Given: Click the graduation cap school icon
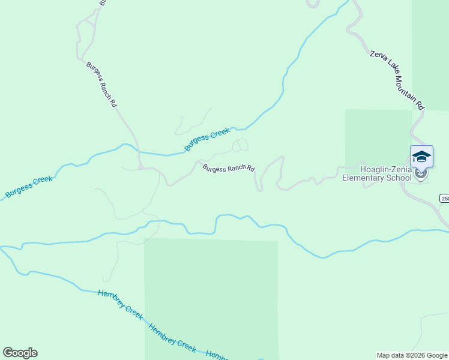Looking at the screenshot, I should click(x=421, y=157).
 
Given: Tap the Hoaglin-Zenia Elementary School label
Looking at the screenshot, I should click(x=377, y=173).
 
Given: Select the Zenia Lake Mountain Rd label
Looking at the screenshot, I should click(x=397, y=80).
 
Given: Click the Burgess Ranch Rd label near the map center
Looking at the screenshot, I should click(x=229, y=169).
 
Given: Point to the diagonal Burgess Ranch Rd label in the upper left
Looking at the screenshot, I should click(x=101, y=84).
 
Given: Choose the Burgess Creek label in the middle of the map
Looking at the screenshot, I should click(x=207, y=139).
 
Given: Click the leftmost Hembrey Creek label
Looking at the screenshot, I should click(x=121, y=305).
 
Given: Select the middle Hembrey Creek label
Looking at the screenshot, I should click(x=172, y=338).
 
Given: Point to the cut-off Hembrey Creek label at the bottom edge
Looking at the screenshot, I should click(x=216, y=355).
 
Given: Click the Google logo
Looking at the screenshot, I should click(x=20, y=353).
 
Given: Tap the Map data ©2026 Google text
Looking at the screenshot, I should click(x=412, y=355).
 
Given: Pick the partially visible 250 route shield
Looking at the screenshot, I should click(x=445, y=199).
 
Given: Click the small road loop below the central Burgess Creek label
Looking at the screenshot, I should click(x=240, y=145).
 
